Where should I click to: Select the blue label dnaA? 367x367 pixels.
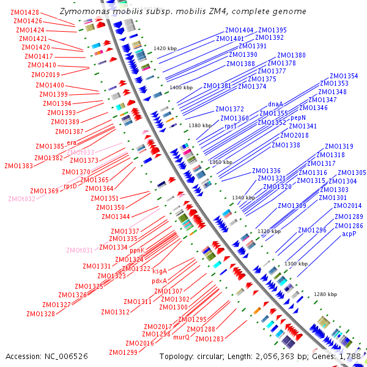tap(276, 105)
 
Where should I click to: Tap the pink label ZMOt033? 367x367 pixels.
tap(80, 152)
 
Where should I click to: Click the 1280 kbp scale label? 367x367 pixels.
tap(325, 294)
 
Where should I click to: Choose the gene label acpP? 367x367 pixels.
tap(349, 234)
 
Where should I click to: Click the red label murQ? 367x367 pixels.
tap(181, 337)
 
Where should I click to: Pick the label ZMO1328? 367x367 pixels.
tap(40, 313)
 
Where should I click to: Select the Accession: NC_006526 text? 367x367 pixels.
tap(46, 355)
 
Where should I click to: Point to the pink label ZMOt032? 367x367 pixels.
tap(21, 199)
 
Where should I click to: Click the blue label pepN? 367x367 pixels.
tap(298, 117)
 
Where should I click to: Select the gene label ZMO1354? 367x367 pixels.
tap(344, 76)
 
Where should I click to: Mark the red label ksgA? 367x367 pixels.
tap(160, 271)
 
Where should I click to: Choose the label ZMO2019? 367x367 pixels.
tap(46, 75)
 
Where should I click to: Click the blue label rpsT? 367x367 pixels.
tap(231, 126)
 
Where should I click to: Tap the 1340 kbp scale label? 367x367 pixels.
tap(243, 198)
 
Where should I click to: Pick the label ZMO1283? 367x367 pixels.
tap(210, 339)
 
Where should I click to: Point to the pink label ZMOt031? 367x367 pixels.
tap(80, 250)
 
